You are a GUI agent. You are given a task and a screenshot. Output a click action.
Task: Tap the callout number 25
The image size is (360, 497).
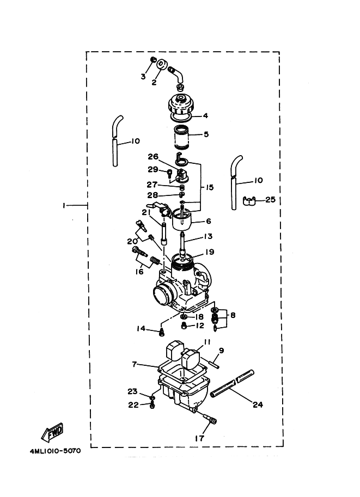tap(270, 200)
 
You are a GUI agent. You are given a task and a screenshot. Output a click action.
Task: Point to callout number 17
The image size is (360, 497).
tap(199, 437)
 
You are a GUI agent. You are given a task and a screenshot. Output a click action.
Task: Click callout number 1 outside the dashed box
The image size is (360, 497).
tap(64, 205)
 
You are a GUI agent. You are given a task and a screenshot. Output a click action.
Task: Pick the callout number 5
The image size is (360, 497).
tap(205, 134)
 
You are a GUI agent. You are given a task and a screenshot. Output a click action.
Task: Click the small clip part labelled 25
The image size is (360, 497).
tap(250, 201)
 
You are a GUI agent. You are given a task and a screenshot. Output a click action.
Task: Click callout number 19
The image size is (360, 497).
tap(209, 252)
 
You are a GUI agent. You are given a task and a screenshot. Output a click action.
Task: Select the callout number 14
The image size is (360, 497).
tap(141, 328)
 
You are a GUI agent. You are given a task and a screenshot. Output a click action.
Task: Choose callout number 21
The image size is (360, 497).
tap(146, 212)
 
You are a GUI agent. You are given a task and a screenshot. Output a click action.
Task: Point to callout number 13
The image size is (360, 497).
tap(209, 236)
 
